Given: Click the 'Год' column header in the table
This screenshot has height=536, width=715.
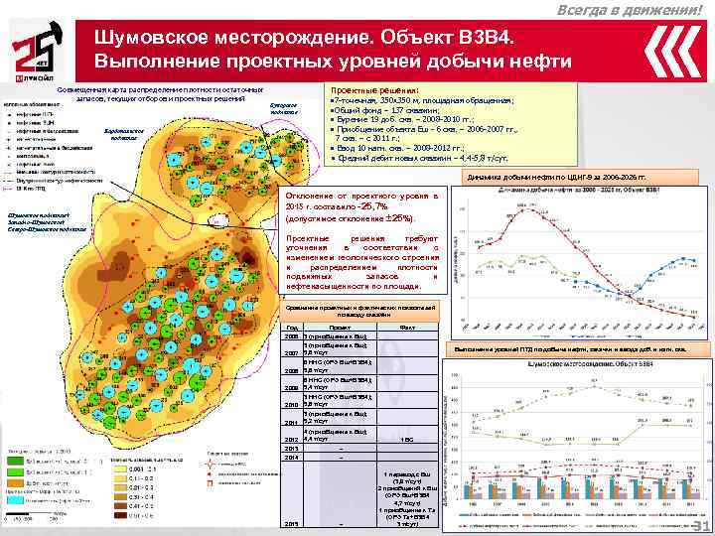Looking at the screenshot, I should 291,327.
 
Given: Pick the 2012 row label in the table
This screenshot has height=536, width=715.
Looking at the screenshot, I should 291,438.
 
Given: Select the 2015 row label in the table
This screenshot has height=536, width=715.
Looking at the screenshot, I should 292,524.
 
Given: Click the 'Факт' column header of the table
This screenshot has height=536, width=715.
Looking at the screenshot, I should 405,327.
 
